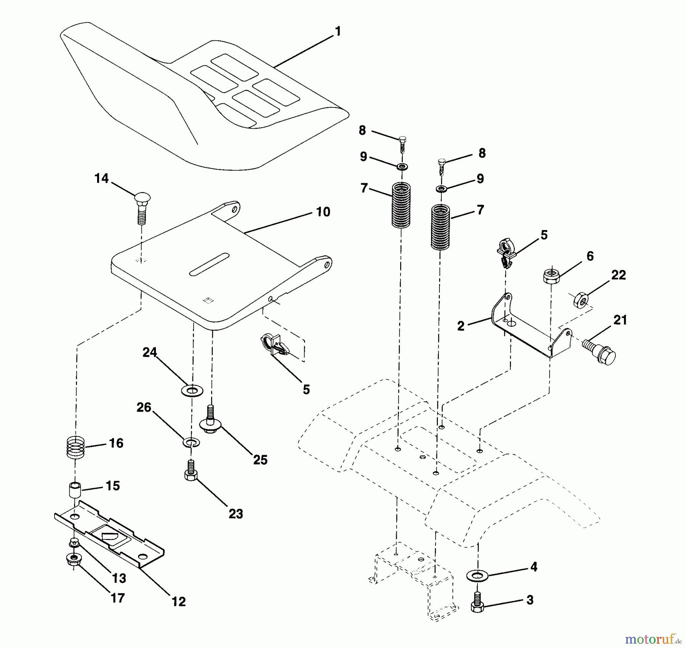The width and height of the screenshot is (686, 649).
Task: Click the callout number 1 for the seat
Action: click(337, 31)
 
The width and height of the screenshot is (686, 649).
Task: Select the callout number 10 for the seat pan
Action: click(323, 212)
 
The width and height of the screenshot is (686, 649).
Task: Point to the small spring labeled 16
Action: click(75, 447)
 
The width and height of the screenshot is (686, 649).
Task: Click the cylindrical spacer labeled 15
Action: click(75, 490)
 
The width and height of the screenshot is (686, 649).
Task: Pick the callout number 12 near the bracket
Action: click(178, 601)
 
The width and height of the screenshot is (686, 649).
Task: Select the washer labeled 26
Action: click(191, 442)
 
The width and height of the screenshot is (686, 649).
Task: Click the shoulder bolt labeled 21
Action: click(599, 351)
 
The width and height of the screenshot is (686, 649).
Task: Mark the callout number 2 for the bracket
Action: click(461, 326)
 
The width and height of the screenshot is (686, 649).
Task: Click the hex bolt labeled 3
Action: click(477, 602)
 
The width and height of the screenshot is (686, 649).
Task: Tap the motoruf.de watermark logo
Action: click(654, 638)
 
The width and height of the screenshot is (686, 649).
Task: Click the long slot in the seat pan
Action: click(209, 264)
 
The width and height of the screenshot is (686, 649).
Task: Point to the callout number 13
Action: click(119, 578)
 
